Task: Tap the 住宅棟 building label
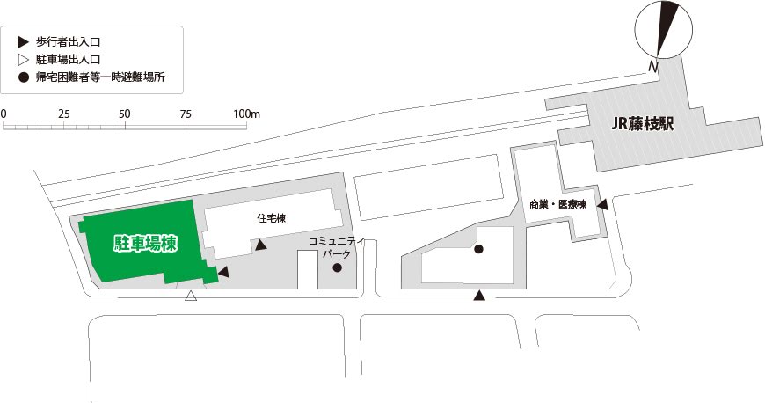(271, 218)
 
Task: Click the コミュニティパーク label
(338, 247)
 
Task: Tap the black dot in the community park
(338, 268)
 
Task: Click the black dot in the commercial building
(478, 249)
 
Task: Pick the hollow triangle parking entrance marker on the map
(190, 298)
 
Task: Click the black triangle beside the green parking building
(223, 274)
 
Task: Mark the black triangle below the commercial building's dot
(478, 296)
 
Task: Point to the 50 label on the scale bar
(124, 114)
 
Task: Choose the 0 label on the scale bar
(4, 114)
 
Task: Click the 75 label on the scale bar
(186, 114)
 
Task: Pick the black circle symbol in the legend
(23, 77)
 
